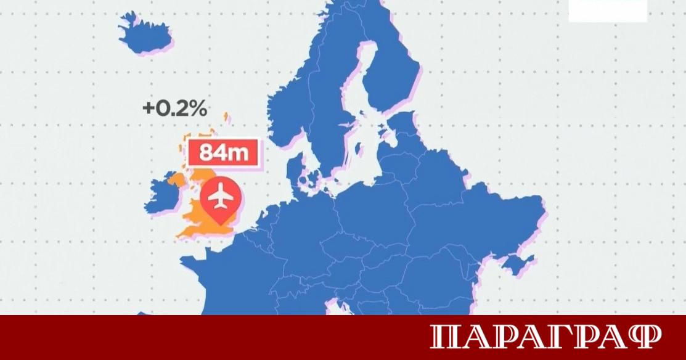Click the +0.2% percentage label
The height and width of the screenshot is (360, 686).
point(174,108)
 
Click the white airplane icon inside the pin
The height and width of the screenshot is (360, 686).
point(220,197)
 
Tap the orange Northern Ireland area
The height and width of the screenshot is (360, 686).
point(175,181)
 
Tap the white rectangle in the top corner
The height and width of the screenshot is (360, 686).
point(608,10)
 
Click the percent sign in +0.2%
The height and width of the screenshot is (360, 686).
point(196,108)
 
